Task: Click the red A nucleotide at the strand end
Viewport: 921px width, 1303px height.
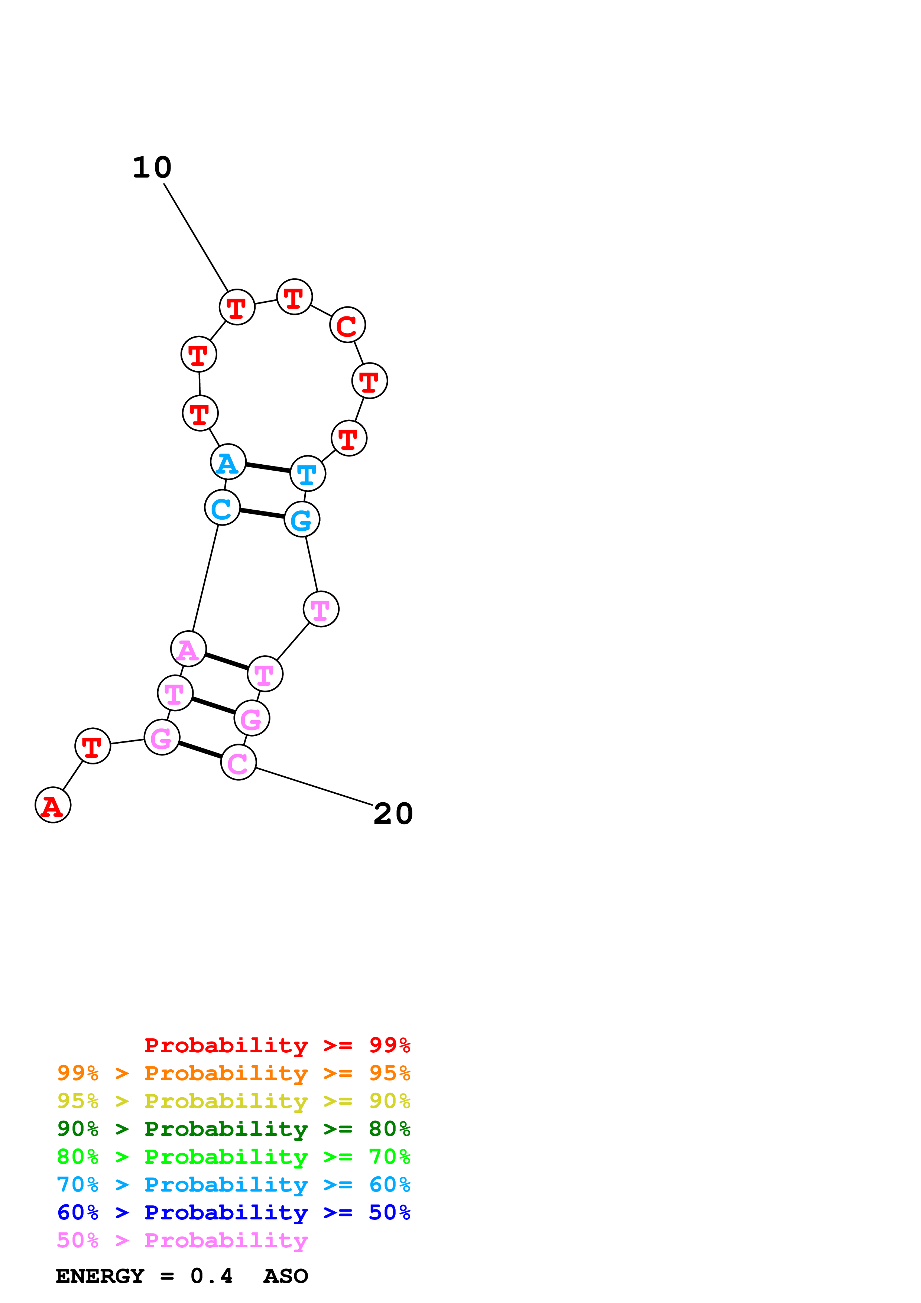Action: pos(53,805)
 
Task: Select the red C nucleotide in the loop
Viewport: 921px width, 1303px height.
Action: pos(347,325)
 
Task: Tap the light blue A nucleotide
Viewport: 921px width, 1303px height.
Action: pos(228,462)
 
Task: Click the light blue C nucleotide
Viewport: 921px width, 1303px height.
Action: pos(222,507)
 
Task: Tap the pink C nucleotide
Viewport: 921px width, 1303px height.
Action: pos(239,762)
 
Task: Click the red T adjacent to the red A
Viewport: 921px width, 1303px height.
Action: pos(93,746)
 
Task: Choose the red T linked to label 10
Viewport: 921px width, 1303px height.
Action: pos(237,307)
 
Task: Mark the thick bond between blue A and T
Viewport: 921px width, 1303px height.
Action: pos(268,468)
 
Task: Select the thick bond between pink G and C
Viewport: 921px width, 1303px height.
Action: pos(200,750)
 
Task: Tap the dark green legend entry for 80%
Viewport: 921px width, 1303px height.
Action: pos(233,1129)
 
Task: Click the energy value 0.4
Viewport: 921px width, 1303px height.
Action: pos(211,1276)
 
